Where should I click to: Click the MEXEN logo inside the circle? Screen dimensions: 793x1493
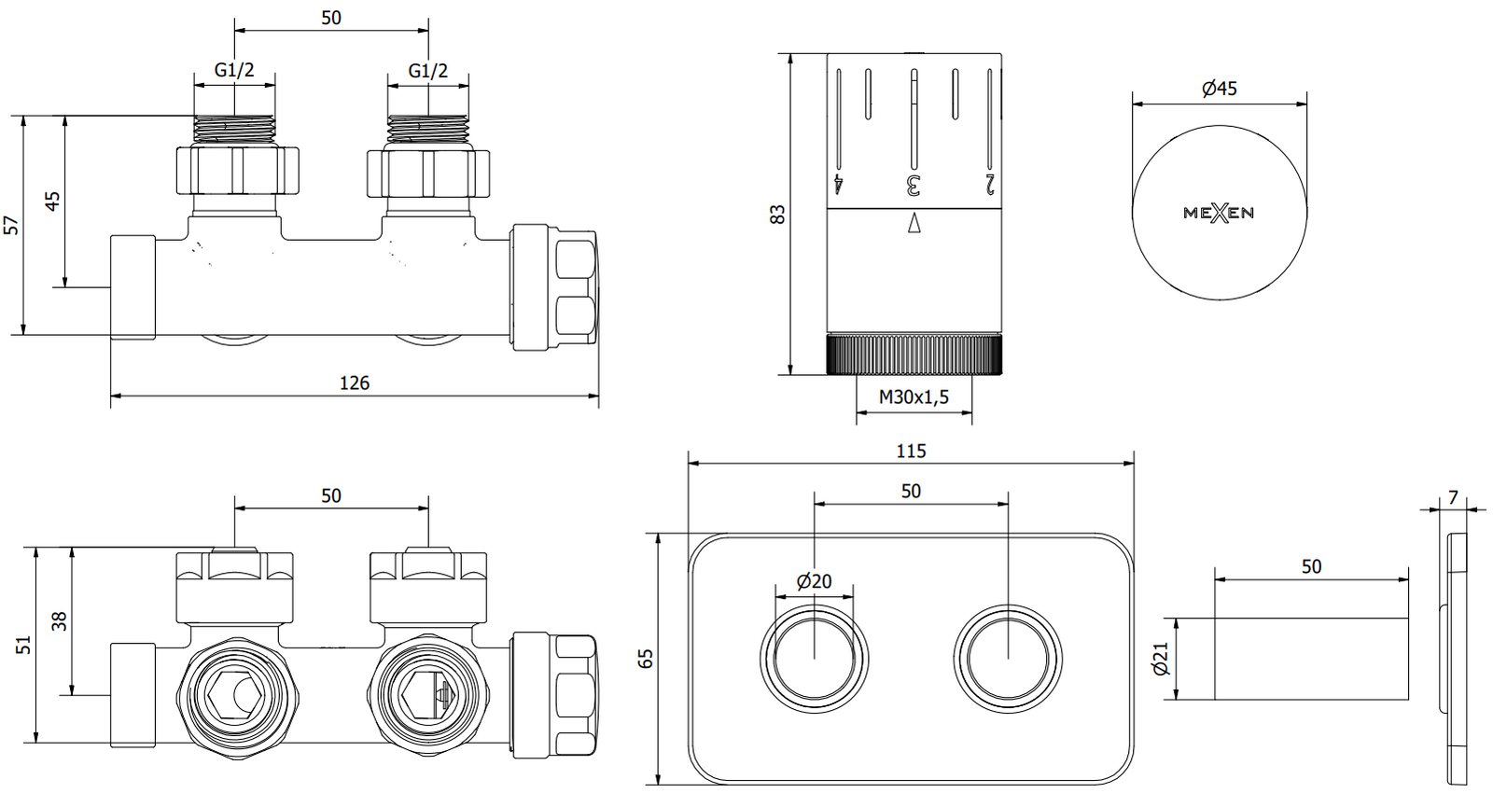pyautogui.click(x=1219, y=213)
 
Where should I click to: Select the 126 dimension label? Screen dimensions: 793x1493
pyautogui.click(x=355, y=383)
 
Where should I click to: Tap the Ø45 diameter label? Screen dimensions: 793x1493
pyautogui.click(x=1220, y=89)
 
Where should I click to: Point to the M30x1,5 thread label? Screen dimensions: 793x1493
pyautogui.click(x=914, y=397)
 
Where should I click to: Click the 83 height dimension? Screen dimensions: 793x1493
pyautogui.click(x=777, y=214)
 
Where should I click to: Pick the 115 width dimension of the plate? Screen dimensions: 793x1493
pyautogui.click(x=911, y=452)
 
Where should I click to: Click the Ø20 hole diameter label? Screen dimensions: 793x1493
pyautogui.click(x=814, y=581)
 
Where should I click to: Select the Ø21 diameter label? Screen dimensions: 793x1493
pyautogui.click(x=1161, y=659)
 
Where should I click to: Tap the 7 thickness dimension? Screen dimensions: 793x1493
pyautogui.click(x=1453, y=498)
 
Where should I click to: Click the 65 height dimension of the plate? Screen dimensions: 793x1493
pyautogui.click(x=646, y=659)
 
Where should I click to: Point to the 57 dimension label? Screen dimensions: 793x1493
pyautogui.click(x=11, y=225)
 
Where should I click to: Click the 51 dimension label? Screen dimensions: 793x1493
pyautogui.click(x=24, y=645)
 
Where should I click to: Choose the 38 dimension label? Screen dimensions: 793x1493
pyautogui.click(x=60, y=621)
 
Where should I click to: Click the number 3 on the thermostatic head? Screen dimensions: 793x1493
pyautogui.click(x=914, y=185)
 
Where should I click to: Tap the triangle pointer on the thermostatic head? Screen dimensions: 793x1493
pyautogui.click(x=914, y=224)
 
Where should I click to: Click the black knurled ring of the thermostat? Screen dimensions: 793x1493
pyautogui.click(x=914, y=355)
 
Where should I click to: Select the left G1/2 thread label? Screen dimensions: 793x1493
pyautogui.click(x=234, y=70)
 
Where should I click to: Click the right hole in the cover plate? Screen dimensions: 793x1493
pyautogui.click(x=1008, y=659)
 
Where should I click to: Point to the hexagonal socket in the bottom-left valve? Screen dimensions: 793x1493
pyautogui.click(x=224, y=696)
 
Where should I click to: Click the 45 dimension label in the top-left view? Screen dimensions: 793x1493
pyautogui.click(x=53, y=202)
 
